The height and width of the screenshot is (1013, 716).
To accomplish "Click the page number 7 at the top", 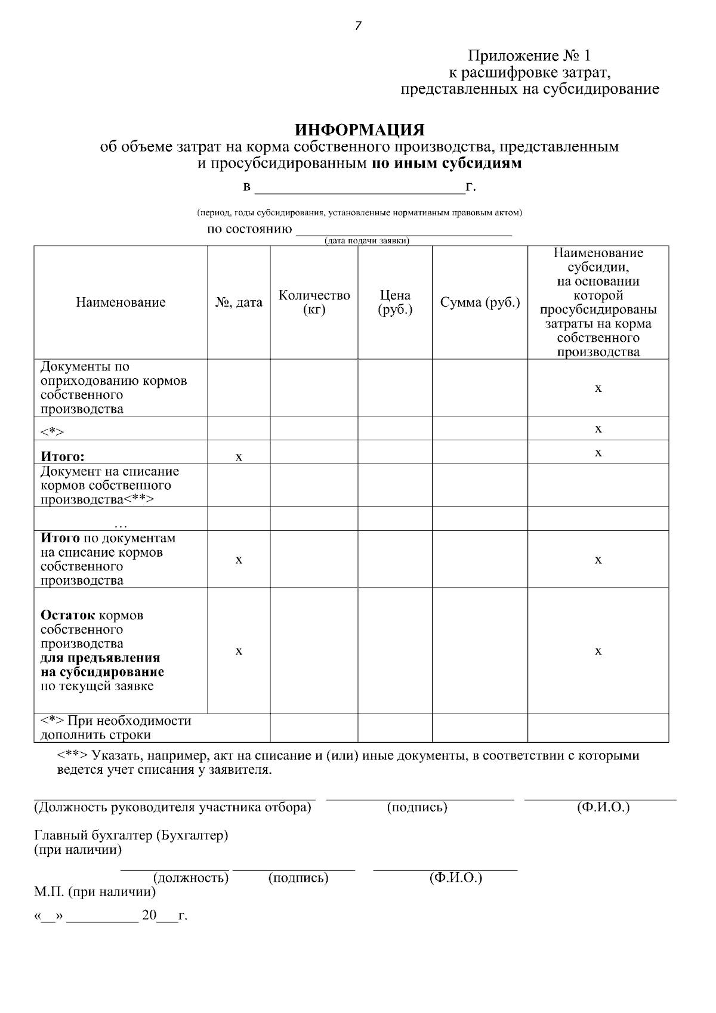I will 358,26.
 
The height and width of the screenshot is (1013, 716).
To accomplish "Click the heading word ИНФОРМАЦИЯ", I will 360,130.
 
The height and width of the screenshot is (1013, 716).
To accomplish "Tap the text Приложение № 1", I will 529,56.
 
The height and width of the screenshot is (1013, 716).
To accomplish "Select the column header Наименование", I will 121,302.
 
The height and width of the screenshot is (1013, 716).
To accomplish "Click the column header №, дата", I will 239,302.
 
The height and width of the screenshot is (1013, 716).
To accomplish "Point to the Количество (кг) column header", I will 314,302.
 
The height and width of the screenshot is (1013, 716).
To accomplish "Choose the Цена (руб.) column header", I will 395,302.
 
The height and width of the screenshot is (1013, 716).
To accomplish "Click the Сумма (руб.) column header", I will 480,302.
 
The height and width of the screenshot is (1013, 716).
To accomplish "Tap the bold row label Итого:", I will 62,457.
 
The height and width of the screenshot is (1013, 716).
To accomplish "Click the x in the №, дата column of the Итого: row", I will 239,458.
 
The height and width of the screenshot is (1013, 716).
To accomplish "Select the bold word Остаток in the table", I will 67,615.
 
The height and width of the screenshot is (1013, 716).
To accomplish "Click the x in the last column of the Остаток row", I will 598,651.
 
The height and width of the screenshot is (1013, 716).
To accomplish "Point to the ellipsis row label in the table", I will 121,526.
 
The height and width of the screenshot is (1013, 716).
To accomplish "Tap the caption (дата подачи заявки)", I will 366,241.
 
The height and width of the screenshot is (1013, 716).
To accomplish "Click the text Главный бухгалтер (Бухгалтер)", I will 131,835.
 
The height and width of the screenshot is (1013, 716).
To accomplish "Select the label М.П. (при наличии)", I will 95,892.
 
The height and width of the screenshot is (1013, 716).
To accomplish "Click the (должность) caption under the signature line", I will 191,878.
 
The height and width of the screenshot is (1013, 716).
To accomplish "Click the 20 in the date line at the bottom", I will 149,915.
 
